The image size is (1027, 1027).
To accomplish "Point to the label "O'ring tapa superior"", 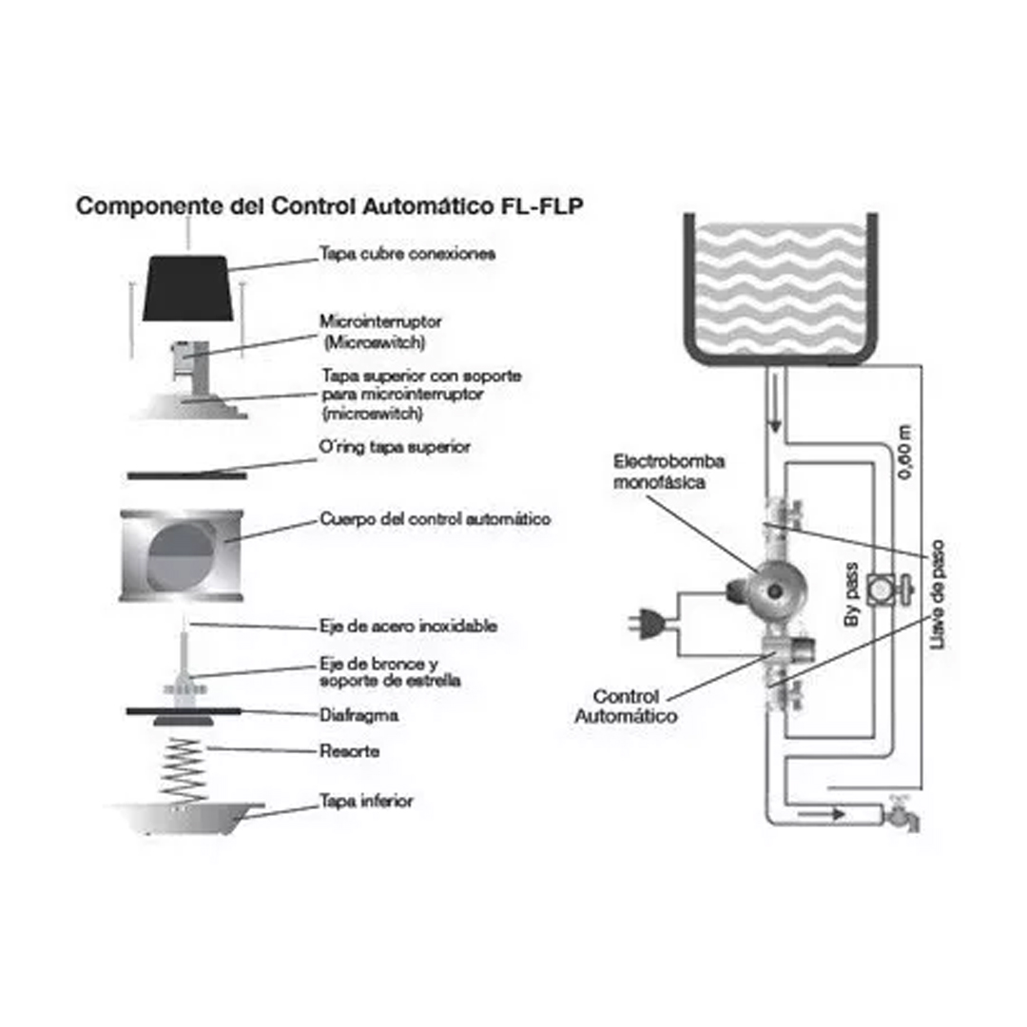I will [396, 446].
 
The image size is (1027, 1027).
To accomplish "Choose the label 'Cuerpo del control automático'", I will [435, 520].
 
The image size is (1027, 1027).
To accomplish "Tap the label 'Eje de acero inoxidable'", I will [408, 627].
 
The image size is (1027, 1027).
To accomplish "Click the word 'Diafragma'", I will [358, 716].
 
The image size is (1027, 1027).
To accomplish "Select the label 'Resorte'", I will [349, 751].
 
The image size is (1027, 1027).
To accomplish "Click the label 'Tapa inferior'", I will [366, 802].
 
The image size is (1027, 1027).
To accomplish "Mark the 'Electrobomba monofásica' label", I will [669, 472].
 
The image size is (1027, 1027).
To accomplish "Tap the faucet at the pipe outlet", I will [900, 815].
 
